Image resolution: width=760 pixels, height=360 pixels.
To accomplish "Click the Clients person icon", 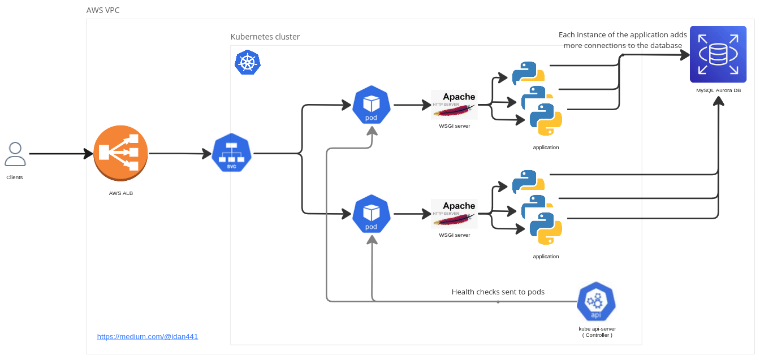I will coord(15,154).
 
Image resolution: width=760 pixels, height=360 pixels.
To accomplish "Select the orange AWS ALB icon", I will coord(120,153).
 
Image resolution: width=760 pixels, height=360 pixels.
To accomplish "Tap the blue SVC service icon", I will coord(231,153).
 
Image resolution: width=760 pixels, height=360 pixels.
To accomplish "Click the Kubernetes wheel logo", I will coord(247,62).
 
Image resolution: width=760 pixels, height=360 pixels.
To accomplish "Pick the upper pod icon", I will coord(371,105).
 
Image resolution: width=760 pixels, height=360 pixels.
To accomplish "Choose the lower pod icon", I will coord(371,214).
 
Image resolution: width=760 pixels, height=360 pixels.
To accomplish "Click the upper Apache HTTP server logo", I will coord(454,105).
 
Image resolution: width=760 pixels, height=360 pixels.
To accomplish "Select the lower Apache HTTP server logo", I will coord(454,214).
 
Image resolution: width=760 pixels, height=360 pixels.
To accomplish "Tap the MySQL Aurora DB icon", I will coord(718,54).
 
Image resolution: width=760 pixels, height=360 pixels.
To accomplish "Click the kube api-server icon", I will coord(596,302).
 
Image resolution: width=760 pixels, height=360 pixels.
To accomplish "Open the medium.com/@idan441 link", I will coord(148,336).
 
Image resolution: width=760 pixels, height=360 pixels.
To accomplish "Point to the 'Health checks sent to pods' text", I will coord(498,292).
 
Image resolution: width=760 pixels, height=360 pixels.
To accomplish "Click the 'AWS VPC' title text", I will coord(103,10).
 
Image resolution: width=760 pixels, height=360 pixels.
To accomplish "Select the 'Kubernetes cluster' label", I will coord(265,37).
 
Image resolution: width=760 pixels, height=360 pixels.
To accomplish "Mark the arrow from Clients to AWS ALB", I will coord(61,154).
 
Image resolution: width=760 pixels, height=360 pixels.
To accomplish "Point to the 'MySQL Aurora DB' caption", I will coord(718,90).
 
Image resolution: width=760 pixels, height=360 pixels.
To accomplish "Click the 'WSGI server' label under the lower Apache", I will coord(454,235).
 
